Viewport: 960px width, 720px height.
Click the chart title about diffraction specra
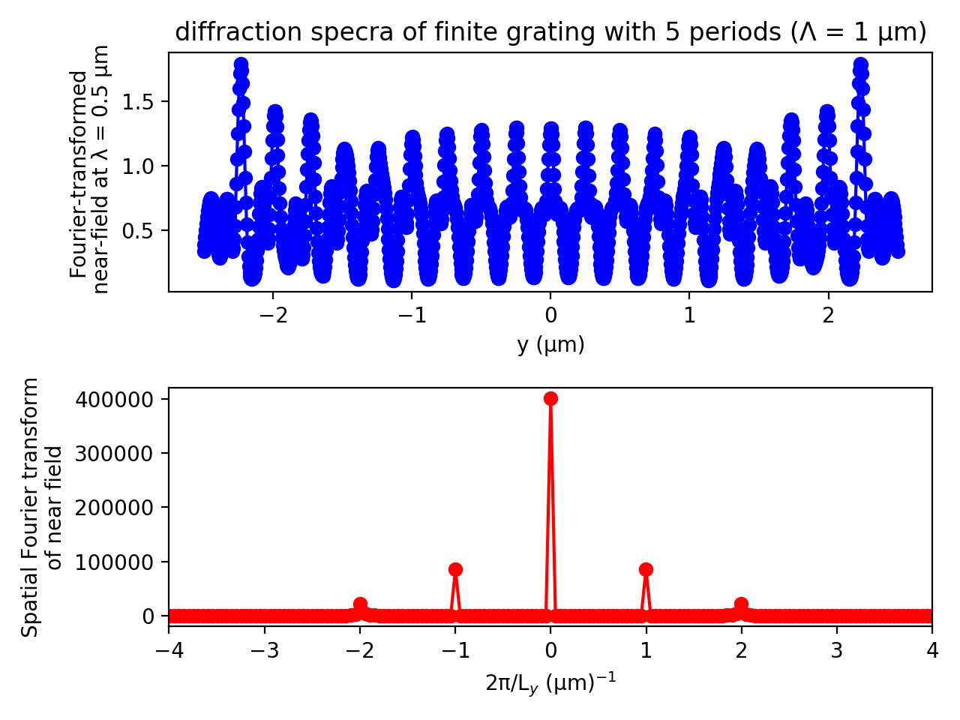click(x=550, y=32)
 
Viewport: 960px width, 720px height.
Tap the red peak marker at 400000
click(x=550, y=398)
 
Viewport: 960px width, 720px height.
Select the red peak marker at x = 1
click(x=646, y=569)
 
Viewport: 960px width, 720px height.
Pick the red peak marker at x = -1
click(x=455, y=569)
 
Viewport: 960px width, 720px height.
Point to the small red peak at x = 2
click(x=741, y=604)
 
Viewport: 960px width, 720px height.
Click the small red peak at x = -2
click(x=360, y=604)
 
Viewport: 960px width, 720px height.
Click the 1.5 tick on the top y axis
click(x=140, y=102)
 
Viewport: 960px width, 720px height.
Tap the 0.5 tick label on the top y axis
click(x=140, y=230)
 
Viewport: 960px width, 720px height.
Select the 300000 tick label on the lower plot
click(x=118, y=453)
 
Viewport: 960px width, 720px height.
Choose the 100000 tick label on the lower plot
click(x=118, y=562)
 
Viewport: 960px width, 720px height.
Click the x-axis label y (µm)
click(x=550, y=344)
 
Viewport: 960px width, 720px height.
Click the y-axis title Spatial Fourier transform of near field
click(x=40, y=507)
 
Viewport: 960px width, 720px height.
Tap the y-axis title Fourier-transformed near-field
click(x=88, y=172)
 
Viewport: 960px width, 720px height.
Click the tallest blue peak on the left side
click(x=241, y=65)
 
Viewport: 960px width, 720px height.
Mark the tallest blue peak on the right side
click(x=860, y=65)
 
